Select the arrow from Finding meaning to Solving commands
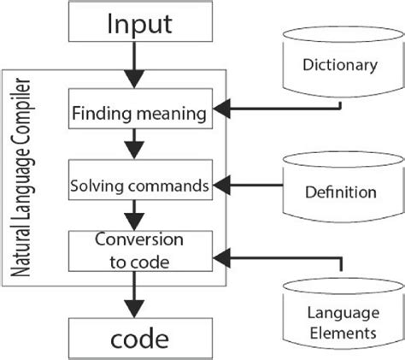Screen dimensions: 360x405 click(x=132, y=146)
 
